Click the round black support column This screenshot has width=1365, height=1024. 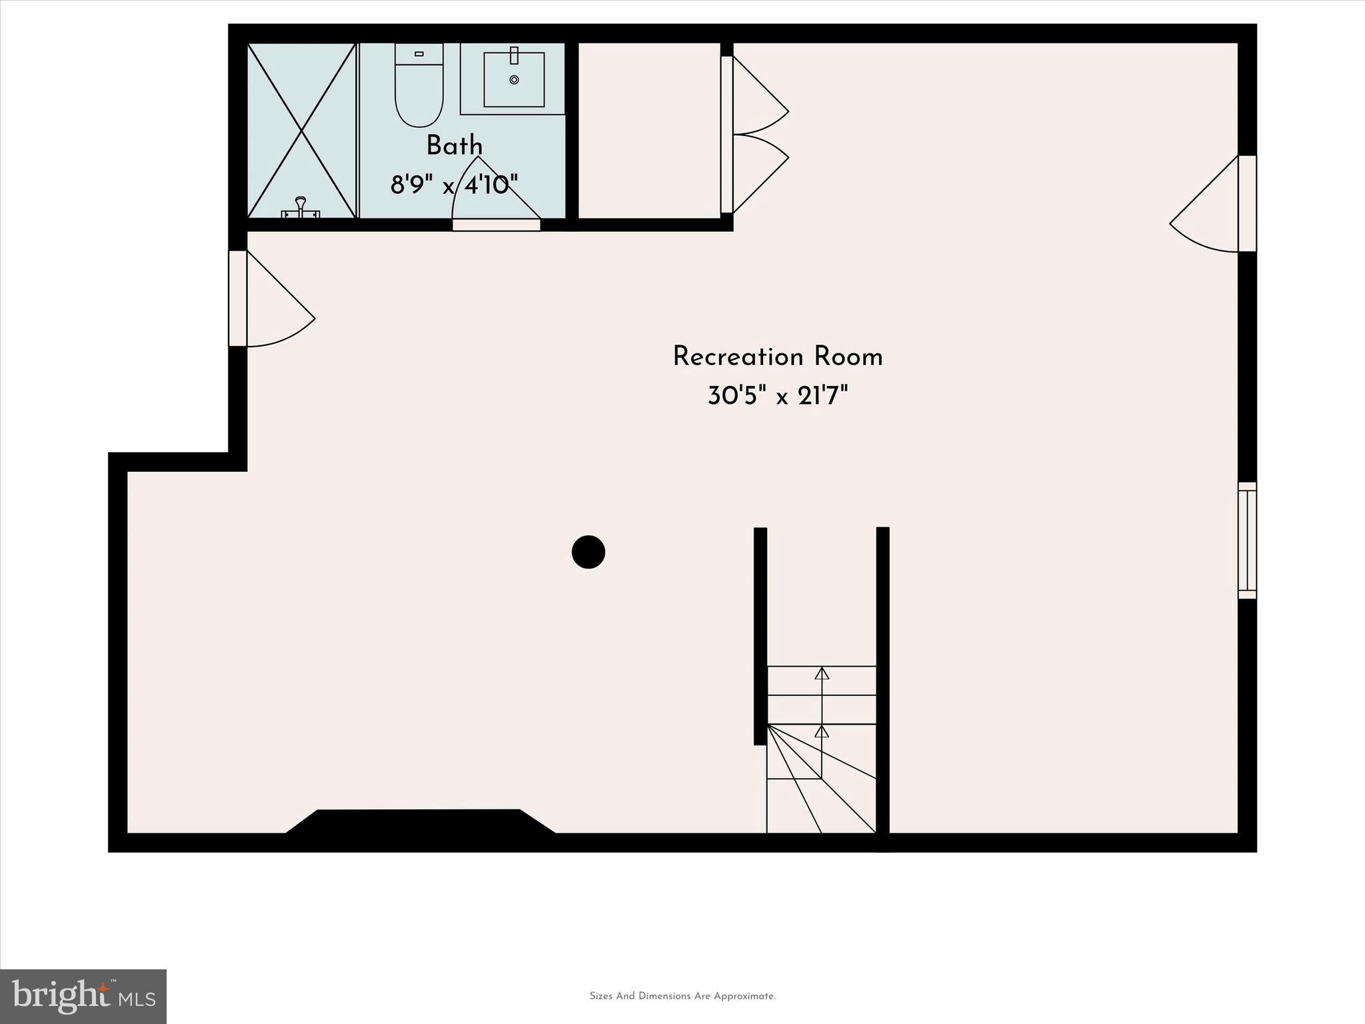click(588, 552)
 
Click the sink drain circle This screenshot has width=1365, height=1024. click(514, 79)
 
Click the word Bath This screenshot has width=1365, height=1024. click(455, 145)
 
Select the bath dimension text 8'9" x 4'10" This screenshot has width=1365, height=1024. click(454, 185)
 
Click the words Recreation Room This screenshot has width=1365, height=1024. click(777, 357)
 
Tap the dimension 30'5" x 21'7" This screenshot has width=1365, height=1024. click(777, 397)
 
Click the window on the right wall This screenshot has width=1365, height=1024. click(1247, 540)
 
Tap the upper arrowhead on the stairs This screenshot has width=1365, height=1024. click(822, 673)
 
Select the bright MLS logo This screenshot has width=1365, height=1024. click(83, 996)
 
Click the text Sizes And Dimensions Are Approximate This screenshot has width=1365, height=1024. click(682, 996)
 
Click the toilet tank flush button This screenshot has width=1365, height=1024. click(419, 53)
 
